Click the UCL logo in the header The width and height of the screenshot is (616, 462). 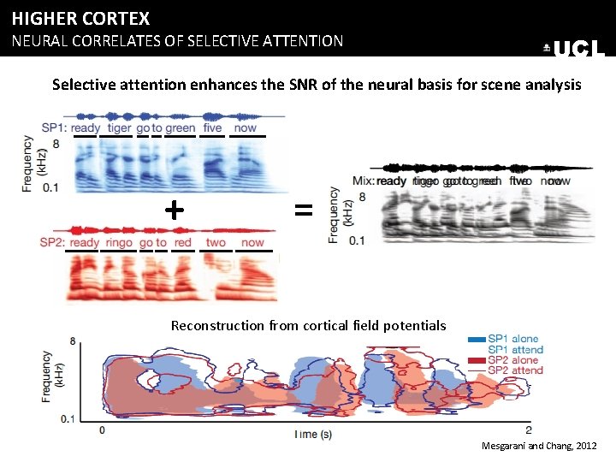[575, 49]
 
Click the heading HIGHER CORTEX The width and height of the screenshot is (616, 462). [80, 18]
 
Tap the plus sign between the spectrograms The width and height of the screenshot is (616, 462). [174, 208]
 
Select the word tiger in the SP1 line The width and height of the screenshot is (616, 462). [119, 128]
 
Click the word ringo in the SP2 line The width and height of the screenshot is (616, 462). [119, 243]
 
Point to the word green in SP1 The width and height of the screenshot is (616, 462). [181, 128]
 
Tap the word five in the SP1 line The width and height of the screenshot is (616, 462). [212, 128]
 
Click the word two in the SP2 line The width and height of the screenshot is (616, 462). [216, 243]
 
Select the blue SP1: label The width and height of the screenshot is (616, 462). [54, 128]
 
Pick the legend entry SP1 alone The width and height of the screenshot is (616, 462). [512, 339]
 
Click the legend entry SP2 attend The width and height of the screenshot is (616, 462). [514, 370]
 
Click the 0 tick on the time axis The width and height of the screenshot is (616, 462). [102, 429]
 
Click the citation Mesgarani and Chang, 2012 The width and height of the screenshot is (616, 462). [540, 447]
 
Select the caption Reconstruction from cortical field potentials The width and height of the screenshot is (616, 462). [308, 325]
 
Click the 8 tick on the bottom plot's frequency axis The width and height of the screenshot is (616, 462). [74, 341]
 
